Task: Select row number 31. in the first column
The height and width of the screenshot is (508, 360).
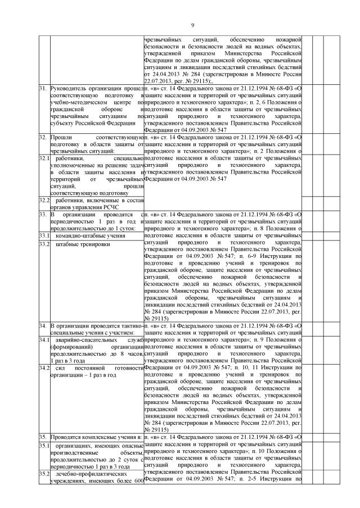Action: click(x=42, y=89)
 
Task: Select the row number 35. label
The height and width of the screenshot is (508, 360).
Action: click(x=42, y=437)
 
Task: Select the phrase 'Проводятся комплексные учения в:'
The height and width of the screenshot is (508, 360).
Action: click(x=95, y=437)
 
